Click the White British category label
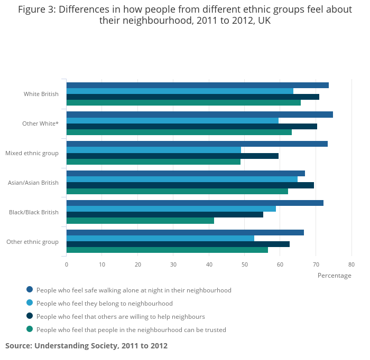click(x=41, y=94)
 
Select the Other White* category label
click(x=41, y=124)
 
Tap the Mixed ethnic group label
click(x=32, y=154)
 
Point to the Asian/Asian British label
click(x=33, y=183)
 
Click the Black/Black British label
click(x=34, y=213)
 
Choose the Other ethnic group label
click(x=32, y=242)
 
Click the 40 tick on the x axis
click(x=209, y=264)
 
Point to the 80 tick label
click(x=351, y=264)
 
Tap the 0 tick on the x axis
click(x=67, y=264)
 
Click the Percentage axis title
click(x=334, y=276)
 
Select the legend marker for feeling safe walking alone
click(x=30, y=289)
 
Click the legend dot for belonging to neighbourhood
click(x=30, y=302)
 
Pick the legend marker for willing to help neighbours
click(x=30, y=316)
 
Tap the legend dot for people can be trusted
click(x=30, y=329)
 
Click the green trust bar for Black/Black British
click(x=140, y=221)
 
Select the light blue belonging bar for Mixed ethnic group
click(x=153, y=150)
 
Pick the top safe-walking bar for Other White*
click(x=199, y=115)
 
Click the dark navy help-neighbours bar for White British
click(x=192, y=97)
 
